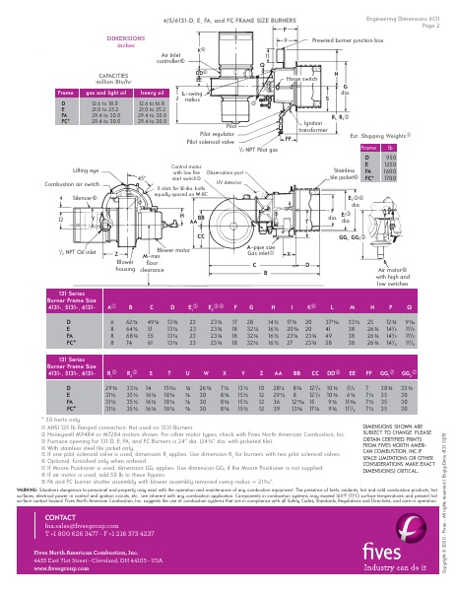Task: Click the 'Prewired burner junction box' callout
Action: coord(348,40)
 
